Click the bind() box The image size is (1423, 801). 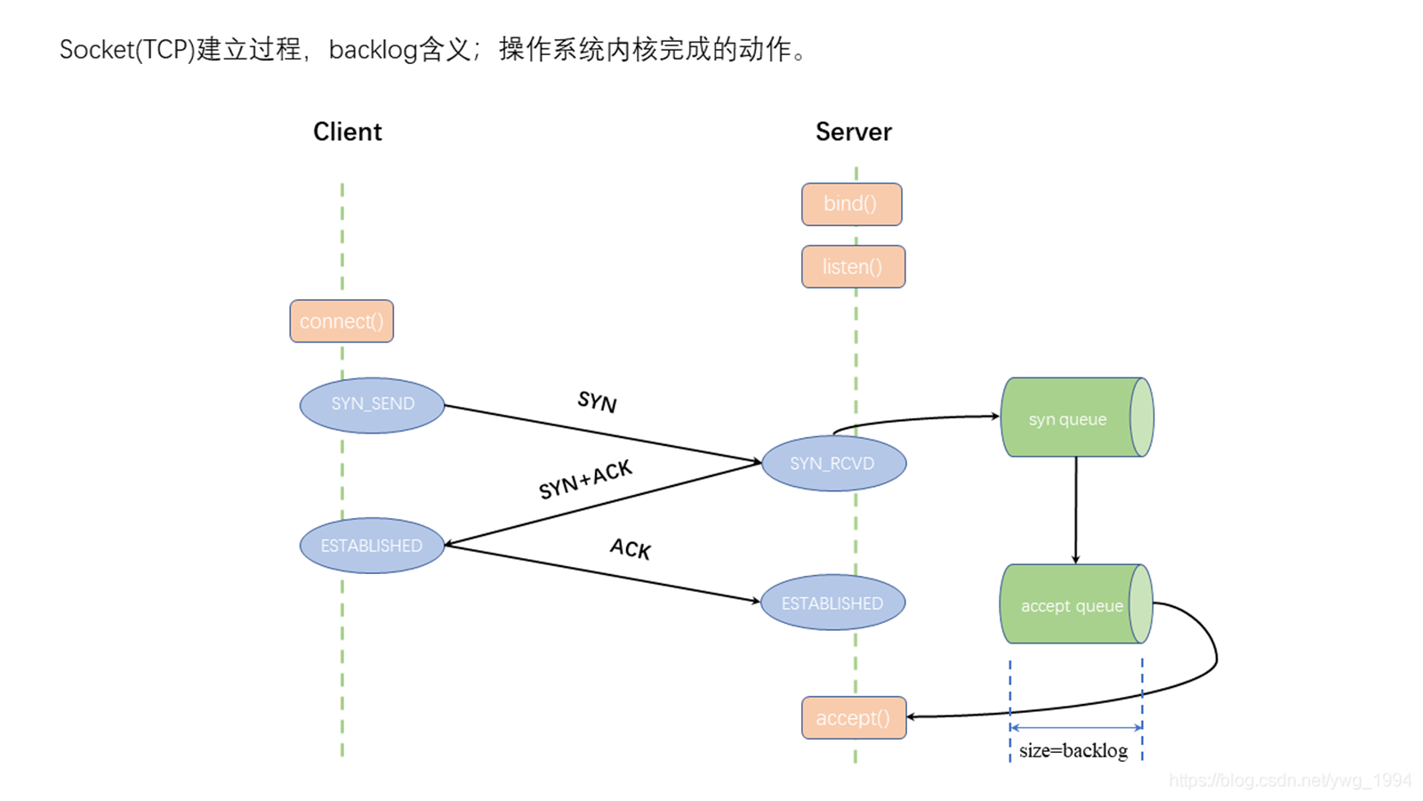click(851, 204)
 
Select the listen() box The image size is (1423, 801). click(853, 266)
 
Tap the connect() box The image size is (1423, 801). click(342, 321)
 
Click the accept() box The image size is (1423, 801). click(854, 717)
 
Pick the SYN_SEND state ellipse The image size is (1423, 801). click(372, 405)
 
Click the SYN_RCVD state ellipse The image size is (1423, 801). click(833, 464)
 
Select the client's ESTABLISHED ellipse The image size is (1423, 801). click(372, 546)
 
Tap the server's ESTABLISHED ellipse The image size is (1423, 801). click(832, 603)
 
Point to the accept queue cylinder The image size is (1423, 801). click(1071, 605)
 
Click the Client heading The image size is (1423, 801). click(347, 132)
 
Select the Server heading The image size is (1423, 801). click(853, 132)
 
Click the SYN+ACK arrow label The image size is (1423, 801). click(585, 480)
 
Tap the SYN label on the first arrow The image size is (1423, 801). click(597, 401)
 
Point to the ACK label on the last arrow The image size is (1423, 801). click(631, 548)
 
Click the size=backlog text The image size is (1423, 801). click(1073, 750)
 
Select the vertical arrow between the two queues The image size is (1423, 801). click(1075, 510)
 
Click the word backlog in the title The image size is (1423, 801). click(373, 50)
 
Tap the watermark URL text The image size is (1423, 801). click(1289, 781)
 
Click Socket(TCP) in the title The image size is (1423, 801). click(127, 50)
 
